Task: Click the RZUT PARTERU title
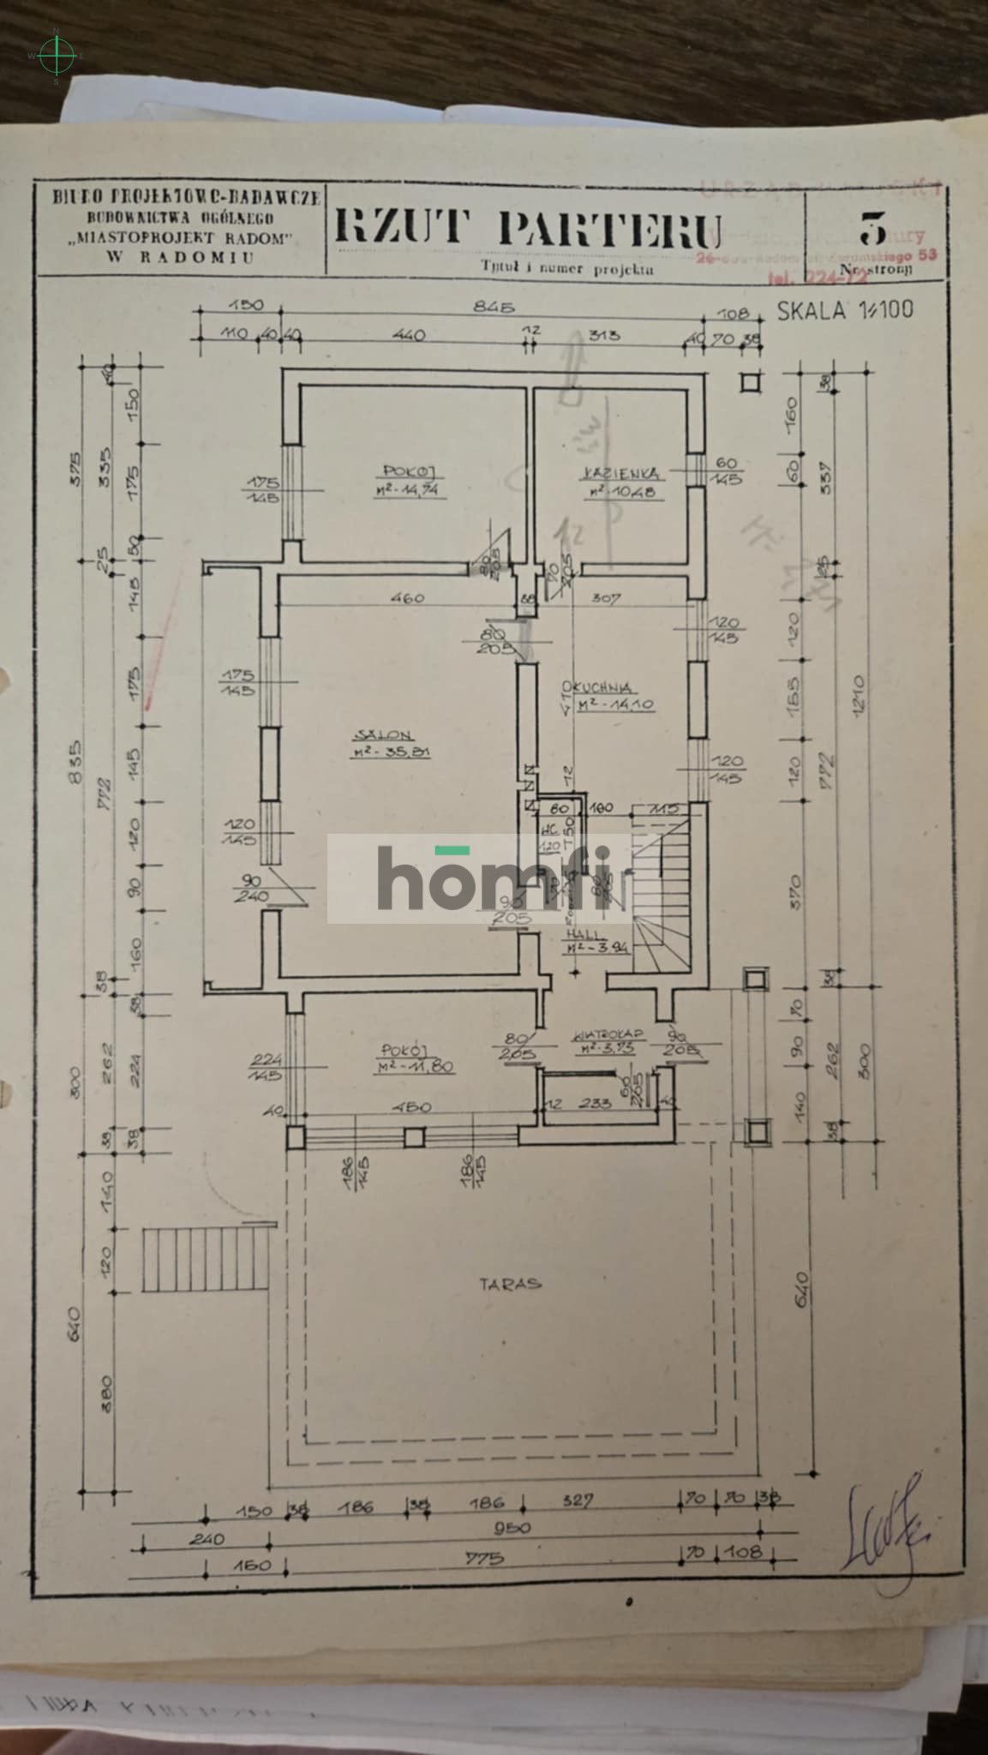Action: [526, 228]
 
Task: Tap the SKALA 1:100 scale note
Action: [845, 309]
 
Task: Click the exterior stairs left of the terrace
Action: [204, 1261]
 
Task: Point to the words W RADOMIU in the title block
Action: [180, 255]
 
